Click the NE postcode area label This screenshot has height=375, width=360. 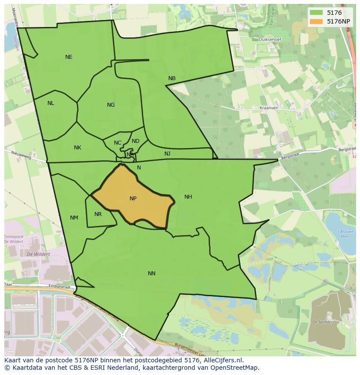pyautogui.click(x=69, y=57)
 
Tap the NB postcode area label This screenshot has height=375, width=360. pyautogui.click(x=172, y=78)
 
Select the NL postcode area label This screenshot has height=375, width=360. pyautogui.click(x=51, y=103)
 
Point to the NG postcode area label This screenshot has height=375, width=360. pyautogui.click(x=111, y=105)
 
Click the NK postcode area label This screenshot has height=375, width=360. pyautogui.click(x=77, y=148)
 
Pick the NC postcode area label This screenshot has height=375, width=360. pyautogui.click(x=118, y=143)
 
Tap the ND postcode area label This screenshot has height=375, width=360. pyautogui.click(x=136, y=141)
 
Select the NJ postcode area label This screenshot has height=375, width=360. pyautogui.click(x=167, y=154)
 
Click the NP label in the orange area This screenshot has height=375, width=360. pyautogui.click(x=133, y=199)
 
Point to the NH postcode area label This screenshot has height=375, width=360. pyautogui.click(x=188, y=197)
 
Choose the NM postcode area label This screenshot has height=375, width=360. pyautogui.click(x=74, y=218)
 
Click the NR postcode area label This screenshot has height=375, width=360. pyautogui.click(x=98, y=214)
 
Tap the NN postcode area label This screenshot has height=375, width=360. pyautogui.click(x=151, y=274)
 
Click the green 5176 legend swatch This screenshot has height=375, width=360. pyautogui.click(x=316, y=13)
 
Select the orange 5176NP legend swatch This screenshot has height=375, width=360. pyautogui.click(x=316, y=21)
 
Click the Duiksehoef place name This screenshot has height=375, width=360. pyautogui.click(x=270, y=40)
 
